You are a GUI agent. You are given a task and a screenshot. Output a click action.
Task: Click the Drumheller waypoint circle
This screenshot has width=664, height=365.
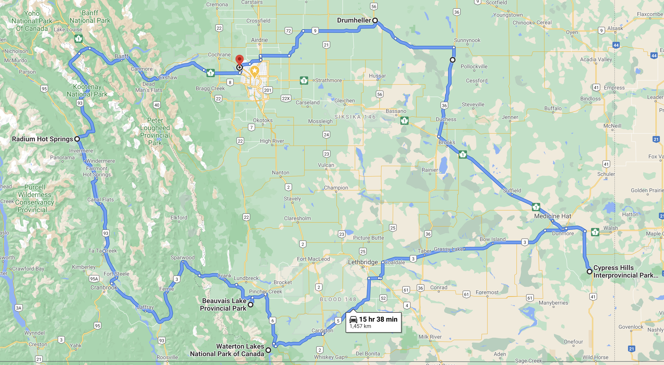click(375, 20)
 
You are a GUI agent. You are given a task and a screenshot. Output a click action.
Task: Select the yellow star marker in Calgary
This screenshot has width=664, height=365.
click(254, 71)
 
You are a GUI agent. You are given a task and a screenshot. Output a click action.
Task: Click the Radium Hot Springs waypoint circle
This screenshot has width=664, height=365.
click(77, 139)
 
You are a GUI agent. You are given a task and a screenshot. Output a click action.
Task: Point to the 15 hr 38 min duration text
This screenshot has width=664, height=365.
click(378, 319)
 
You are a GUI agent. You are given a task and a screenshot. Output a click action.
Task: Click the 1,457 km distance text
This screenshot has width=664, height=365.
click(360, 326)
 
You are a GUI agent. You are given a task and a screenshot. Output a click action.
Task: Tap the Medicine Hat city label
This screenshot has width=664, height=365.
click(552, 216)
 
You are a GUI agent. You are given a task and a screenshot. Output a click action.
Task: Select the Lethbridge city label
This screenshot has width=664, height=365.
click(363, 262)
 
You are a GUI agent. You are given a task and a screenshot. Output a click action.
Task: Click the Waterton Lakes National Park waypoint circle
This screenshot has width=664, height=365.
click(268, 350)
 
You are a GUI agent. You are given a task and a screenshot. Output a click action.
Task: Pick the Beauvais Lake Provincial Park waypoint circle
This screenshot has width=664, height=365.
click(251, 305)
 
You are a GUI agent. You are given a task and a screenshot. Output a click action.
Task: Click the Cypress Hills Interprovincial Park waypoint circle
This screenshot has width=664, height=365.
click(589, 272)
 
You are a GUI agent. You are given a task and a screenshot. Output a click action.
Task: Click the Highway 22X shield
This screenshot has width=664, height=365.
click(286, 98)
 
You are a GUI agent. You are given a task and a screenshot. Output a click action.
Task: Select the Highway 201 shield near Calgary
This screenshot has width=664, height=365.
click(267, 90)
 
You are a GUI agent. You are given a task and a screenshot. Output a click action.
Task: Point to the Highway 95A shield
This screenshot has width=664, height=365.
click(94, 279)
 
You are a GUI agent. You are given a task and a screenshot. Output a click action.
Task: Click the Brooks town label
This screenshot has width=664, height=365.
click(447, 142)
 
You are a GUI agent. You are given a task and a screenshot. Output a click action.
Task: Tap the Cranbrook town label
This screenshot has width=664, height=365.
click(104, 287)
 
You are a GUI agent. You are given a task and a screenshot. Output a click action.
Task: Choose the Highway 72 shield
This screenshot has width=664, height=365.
click(288, 31)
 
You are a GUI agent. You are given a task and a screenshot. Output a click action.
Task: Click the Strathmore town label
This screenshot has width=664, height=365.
click(328, 81)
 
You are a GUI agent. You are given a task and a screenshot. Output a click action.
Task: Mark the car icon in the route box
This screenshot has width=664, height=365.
click(353, 319)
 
